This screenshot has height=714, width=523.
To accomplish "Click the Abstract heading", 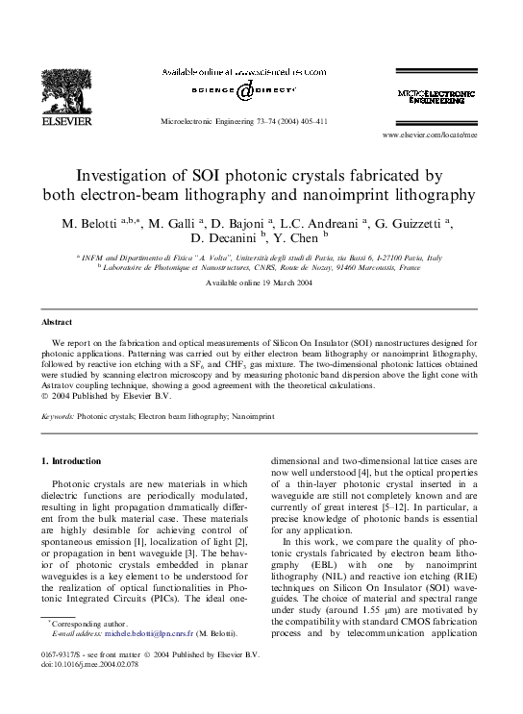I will point(58,321).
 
